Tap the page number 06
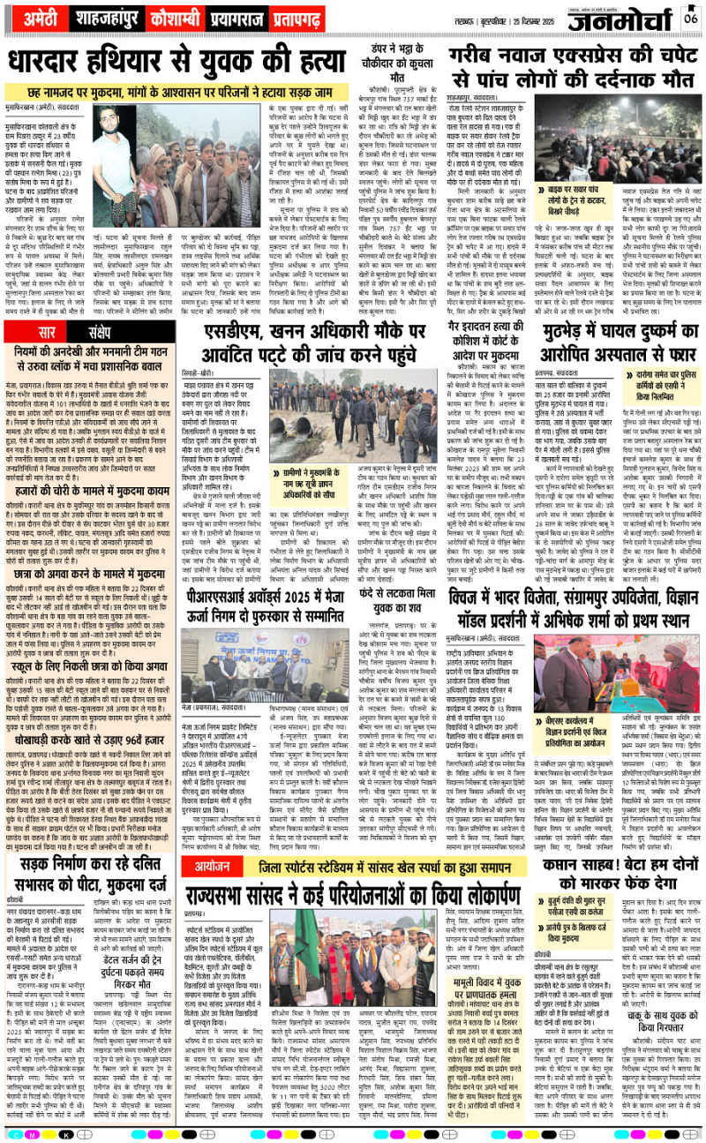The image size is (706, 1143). click(x=689, y=19)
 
